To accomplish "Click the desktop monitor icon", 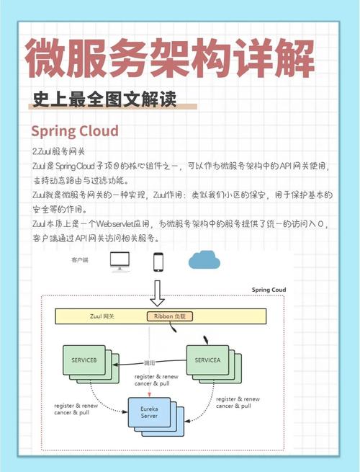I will [x=120, y=262].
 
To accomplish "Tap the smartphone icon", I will [x=158, y=262].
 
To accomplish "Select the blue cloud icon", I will [x=206, y=260].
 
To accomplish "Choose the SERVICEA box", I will [x=208, y=359].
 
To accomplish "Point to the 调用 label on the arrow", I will [x=149, y=363].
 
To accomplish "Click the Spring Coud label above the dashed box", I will [x=269, y=290].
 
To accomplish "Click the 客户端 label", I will [x=81, y=258].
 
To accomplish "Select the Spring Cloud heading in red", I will [x=75, y=131].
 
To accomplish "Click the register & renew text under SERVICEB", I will [x=76, y=406].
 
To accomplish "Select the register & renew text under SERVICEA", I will [x=237, y=398].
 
